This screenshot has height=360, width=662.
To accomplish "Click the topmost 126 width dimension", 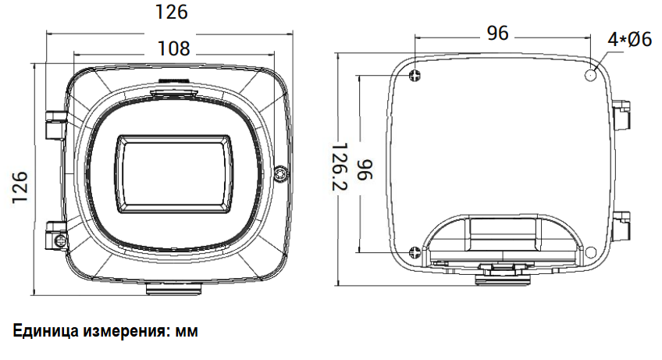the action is [172, 12].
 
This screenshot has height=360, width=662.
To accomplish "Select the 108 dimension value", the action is [174, 48].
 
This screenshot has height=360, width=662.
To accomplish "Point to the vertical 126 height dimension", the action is [20, 187].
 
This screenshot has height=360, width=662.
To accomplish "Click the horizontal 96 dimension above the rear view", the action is [498, 33].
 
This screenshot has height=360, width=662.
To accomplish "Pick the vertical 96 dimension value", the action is [365, 170].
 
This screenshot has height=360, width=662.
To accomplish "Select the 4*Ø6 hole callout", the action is [630, 40].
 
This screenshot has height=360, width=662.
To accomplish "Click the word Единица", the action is [45, 331].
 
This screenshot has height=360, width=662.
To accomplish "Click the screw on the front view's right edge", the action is [281, 174].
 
